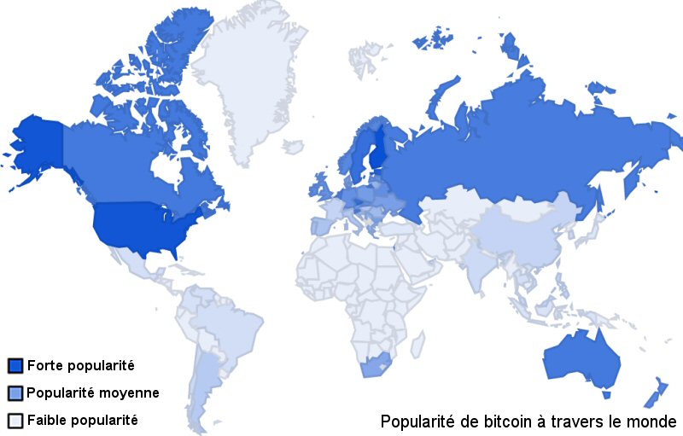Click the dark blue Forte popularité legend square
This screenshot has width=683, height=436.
tap(15, 366)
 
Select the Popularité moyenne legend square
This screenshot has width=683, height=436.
tap(15, 393)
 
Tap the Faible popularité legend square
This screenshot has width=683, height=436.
tap(15, 421)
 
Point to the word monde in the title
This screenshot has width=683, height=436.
tap(653, 421)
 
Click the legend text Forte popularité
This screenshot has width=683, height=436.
tap(81, 366)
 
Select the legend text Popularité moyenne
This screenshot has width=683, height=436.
tap(93, 393)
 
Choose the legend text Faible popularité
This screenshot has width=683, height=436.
tap(83, 421)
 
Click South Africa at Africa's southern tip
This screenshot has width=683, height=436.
tap(376, 364)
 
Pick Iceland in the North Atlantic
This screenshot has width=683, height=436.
tap(293, 148)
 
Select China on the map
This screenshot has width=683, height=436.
tap(517, 235)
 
